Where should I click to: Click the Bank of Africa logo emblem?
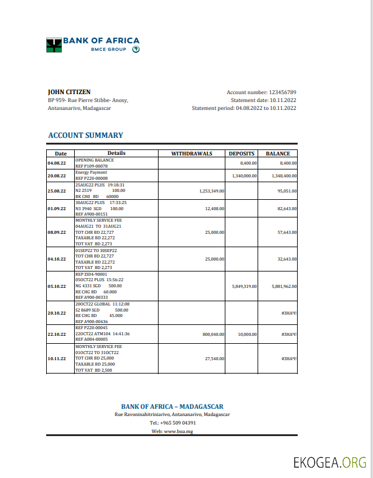click(x=54, y=44)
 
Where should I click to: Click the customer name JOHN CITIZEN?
click(x=69, y=92)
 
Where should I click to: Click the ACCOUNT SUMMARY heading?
click(x=86, y=135)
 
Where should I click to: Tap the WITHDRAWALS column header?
click(x=191, y=154)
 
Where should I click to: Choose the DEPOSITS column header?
click(x=241, y=154)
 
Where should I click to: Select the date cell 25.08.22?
click(x=56, y=191)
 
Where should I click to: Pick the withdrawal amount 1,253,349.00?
click(x=211, y=191)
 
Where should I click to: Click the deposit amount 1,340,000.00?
click(x=245, y=176)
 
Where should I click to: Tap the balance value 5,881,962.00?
click(x=284, y=286)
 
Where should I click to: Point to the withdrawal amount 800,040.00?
click(x=213, y=334)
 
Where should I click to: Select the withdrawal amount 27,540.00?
click(x=214, y=358)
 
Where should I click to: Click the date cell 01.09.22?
click(x=56, y=208)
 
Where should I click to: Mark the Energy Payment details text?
click(x=91, y=172)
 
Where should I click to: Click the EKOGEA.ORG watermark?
click(x=329, y=463)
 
